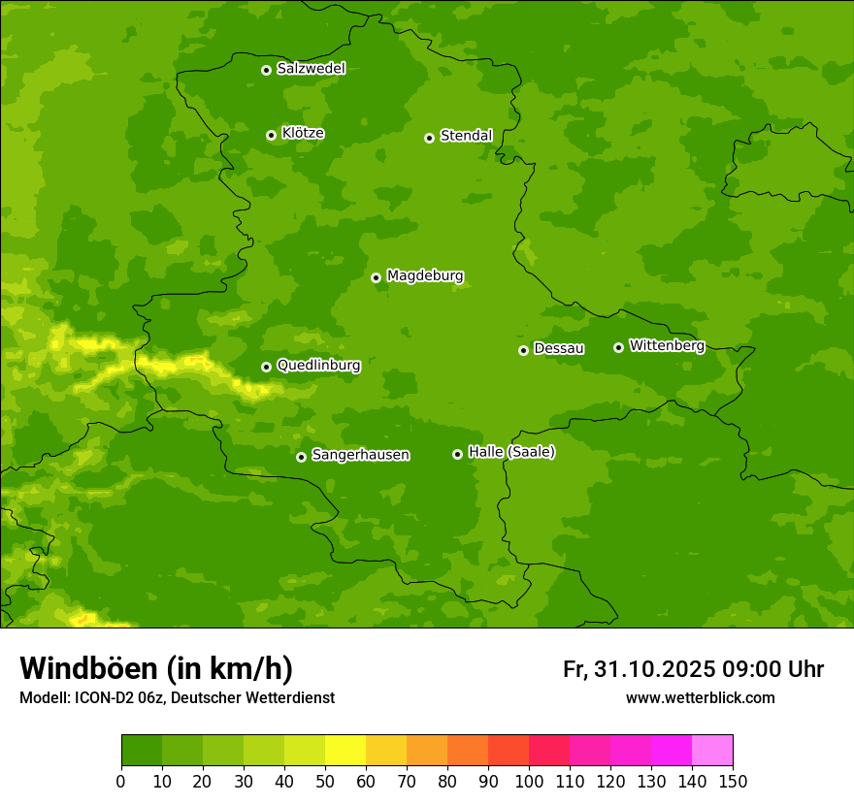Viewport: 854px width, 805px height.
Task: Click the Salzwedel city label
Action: [311, 69]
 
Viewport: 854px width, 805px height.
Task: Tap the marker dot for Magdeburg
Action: [376, 277]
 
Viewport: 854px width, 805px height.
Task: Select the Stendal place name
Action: [466, 136]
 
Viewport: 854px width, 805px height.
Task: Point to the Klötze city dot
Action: [271, 135]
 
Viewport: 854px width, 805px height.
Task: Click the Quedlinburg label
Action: [318, 366]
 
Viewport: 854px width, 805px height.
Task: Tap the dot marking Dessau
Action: [523, 350]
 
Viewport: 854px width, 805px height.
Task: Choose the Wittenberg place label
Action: [666, 345]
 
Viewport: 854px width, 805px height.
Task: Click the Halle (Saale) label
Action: [511, 452]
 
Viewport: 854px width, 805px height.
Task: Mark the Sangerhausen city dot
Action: [301, 457]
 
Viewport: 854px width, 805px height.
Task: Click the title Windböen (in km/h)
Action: [156, 668]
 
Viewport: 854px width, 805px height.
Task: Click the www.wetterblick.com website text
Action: [700, 697]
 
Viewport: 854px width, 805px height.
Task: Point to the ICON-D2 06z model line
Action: [177, 697]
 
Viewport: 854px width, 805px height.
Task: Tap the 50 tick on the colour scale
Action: [325, 781]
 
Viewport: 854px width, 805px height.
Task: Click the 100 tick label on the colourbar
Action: [529, 781]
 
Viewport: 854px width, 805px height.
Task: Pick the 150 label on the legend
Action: [733, 781]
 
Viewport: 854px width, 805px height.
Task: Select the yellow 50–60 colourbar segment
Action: [345, 751]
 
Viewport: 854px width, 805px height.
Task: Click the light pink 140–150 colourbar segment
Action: [712, 751]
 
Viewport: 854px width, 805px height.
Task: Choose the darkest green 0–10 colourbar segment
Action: [142, 751]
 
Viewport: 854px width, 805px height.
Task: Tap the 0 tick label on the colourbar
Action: [121, 781]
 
